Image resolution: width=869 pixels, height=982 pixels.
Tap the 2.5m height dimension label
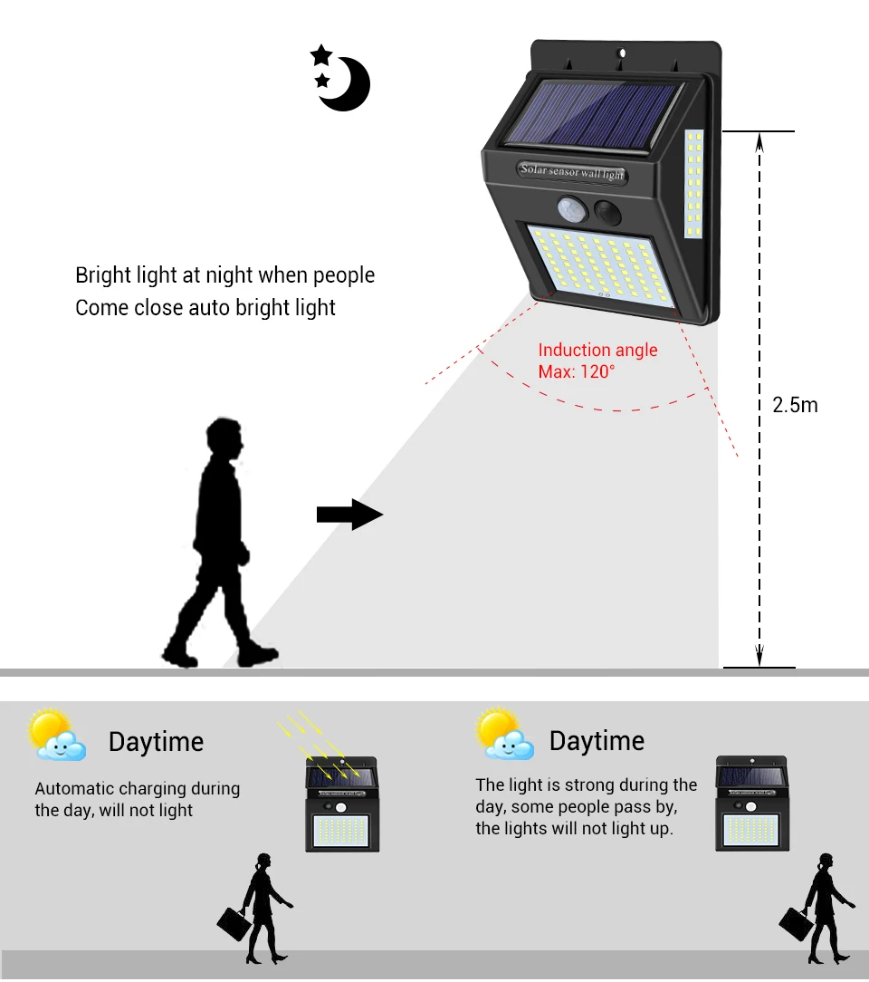(795, 405)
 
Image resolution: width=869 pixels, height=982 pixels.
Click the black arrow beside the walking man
(349, 515)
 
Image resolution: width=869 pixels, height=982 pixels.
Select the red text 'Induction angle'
(597, 351)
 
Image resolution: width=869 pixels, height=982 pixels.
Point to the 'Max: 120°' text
(577, 371)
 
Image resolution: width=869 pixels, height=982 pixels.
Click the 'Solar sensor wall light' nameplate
(572, 169)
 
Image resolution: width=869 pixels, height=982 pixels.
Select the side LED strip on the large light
(694, 185)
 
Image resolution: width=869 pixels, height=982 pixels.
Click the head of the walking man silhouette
(224, 440)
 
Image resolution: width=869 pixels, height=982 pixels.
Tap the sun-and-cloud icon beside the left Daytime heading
(56, 736)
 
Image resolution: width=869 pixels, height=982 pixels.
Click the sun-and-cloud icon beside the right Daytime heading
(504, 735)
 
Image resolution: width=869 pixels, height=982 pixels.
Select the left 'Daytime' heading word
(156, 742)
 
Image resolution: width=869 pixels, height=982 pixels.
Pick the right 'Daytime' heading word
(597, 741)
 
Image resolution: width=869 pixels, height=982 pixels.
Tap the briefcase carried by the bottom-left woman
(234, 922)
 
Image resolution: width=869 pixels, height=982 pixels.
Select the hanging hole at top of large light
(621, 55)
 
